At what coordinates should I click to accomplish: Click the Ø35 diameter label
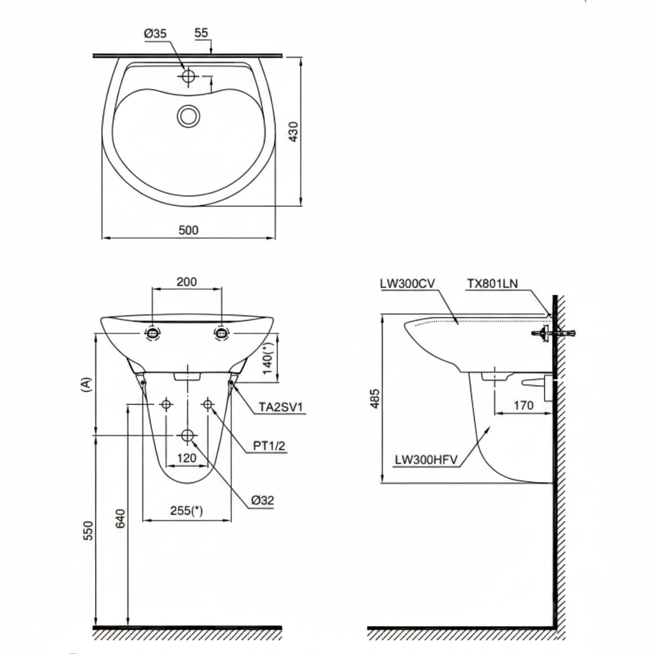click(155, 34)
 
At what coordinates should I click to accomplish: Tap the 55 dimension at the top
click(201, 33)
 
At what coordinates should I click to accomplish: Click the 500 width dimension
click(188, 230)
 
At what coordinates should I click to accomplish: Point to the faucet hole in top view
click(188, 77)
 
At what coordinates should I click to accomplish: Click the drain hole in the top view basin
click(188, 116)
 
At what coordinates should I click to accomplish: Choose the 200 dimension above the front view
click(186, 281)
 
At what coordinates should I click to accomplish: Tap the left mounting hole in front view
click(153, 332)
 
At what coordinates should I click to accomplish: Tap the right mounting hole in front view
click(221, 332)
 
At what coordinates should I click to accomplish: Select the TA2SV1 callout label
click(282, 407)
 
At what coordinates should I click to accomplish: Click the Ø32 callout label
click(262, 501)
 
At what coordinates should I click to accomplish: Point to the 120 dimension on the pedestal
click(186, 457)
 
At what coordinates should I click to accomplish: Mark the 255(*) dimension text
click(186, 510)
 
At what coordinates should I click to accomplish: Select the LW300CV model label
click(407, 284)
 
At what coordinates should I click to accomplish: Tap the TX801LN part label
click(492, 284)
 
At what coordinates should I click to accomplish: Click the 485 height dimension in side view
click(375, 398)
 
